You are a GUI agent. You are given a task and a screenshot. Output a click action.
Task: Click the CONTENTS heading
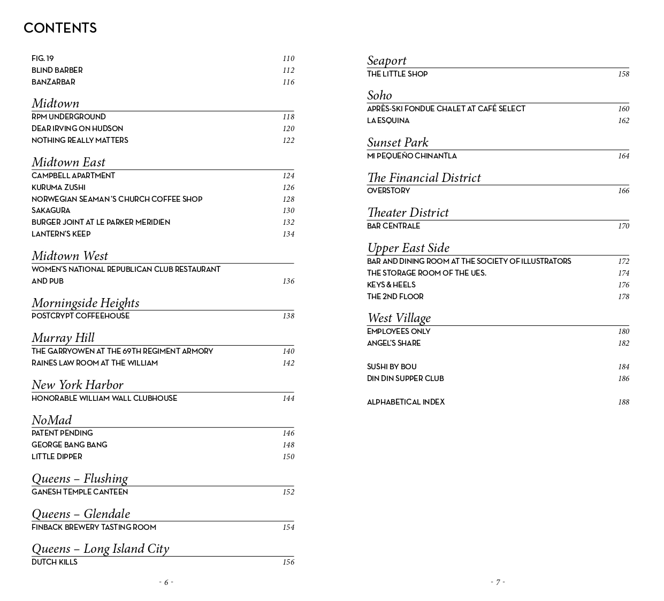[x=60, y=28]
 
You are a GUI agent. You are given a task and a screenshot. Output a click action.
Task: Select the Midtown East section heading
[x=68, y=162]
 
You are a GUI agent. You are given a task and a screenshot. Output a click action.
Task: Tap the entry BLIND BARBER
[x=57, y=70]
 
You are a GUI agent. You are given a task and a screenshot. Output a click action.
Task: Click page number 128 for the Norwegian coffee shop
[x=288, y=199]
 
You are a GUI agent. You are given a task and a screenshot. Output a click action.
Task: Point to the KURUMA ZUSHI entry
[x=58, y=187]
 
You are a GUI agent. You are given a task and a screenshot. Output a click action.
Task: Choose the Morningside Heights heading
[x=85, y=303]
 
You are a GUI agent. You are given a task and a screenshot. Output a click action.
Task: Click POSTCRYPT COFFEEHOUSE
[x=80, y=316]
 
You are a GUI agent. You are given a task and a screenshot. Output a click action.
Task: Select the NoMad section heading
[x=51, y=420]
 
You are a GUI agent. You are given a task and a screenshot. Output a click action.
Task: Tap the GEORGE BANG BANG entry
[x=69, y=445]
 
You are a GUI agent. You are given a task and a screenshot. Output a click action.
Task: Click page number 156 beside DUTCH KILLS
[x=288, y=562]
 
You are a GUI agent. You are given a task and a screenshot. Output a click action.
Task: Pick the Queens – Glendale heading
[x=81, y=514]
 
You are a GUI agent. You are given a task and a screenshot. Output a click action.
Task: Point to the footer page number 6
[x=166, y=582]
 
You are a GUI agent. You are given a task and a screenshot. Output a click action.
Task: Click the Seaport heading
[x=386, y=60]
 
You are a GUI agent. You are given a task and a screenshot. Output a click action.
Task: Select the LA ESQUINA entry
[x=388, y=120]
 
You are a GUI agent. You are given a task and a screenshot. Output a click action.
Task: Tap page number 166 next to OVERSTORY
[x=623, y=191]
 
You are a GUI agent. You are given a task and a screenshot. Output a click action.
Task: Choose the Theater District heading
[x=408, y=212]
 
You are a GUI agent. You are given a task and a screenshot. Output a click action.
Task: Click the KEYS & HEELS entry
[x=391, y=285]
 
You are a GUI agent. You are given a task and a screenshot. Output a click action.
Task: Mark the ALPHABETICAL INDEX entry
[x=406, y=402]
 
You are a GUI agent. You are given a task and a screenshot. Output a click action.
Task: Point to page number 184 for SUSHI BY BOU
[x=623, y=367]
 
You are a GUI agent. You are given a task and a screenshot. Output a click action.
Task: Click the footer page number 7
[x=498, y=582]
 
